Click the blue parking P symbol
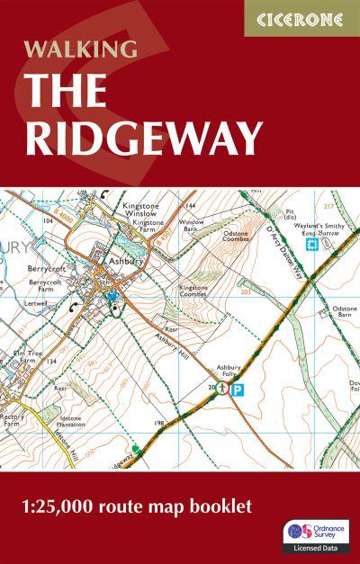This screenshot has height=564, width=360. [x=238, y=389]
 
